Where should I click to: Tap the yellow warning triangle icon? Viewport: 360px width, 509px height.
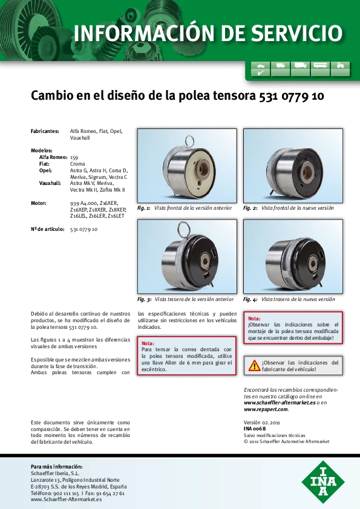coord(254,366)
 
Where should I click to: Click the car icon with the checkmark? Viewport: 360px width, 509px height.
coord(261,68)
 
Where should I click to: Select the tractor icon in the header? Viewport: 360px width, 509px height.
coord(340,68)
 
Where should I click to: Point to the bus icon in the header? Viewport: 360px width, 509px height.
coord(320,68)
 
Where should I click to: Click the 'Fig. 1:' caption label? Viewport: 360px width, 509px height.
coord(143,208)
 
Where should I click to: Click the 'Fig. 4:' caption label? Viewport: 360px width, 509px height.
coord(250,299)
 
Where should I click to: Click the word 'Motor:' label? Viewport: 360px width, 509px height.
coord(39,203)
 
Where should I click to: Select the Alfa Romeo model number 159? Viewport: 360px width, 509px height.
coord(74,157)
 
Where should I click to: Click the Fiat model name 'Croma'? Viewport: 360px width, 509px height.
coord(77,164)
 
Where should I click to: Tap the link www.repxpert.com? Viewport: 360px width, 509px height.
coord(266,409)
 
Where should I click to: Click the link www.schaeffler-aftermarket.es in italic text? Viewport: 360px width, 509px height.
coord(280,403)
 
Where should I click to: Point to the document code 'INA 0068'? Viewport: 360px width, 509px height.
coord(255,429)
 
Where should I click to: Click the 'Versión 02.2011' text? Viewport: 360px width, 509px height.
coord(262,423)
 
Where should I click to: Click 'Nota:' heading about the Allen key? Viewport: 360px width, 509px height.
coord(148,343)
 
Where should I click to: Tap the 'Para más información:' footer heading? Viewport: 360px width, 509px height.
coord(56,467)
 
